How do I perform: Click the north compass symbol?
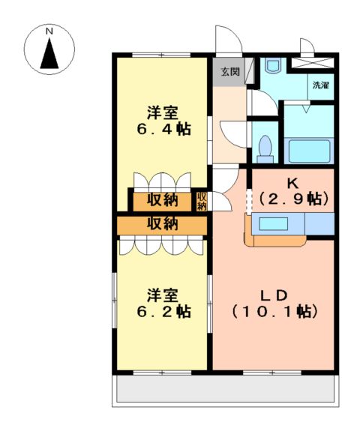point(49,51)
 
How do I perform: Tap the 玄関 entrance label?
point(229,72)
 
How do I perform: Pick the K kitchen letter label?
point(292,182)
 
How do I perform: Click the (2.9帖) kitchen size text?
point(293,199)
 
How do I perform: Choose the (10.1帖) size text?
point(273,310)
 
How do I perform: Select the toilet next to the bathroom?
point(264,146)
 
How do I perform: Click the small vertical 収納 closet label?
point(202,200)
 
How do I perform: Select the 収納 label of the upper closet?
point(161,200)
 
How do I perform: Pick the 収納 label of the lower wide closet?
point(161,223)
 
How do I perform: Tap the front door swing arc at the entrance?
point(225,41)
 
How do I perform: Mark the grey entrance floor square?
point(229,72)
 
